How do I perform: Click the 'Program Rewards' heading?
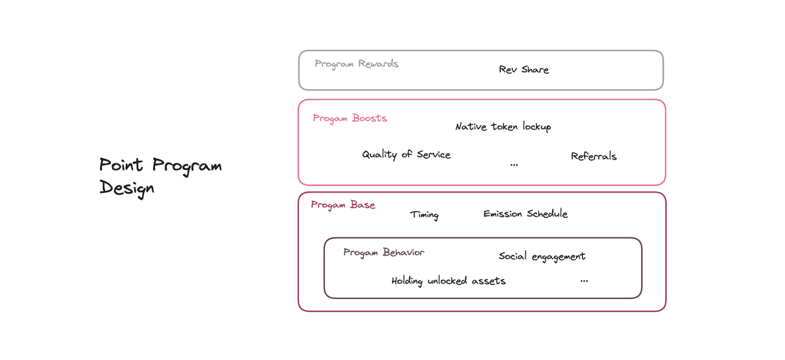click(x=356, y=64)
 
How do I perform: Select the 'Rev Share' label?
click(x=524, y=69)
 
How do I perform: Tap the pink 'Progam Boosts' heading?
click(x=350, y=119)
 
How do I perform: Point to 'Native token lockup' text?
click(x=503, y=126)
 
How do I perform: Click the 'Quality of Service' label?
click(x=406, y=154)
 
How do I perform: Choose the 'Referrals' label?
click(x=594, y=156)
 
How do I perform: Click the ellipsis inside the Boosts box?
click(x=514, y=165)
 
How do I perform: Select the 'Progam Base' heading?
click(x=343, y=205)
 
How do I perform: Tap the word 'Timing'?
click(x=424, y=215)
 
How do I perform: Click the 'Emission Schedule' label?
click(x=525, y=213)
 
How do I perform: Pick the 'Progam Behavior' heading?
click(x=383, y=253)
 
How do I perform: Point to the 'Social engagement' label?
click(x=542, y=256)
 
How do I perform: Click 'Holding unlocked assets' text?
click(x=448, y=281)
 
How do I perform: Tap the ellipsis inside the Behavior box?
click(x=584, y=281)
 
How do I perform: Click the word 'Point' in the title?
click(x=121, y=164)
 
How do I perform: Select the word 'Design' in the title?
click(x=127, y=188)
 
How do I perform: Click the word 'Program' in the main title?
click(x=187, y=166)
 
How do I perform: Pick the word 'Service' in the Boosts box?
click(x=433, y=154)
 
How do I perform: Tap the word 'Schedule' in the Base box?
click(x=547, y=213)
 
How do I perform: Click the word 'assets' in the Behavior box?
click(x=489, y=281)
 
